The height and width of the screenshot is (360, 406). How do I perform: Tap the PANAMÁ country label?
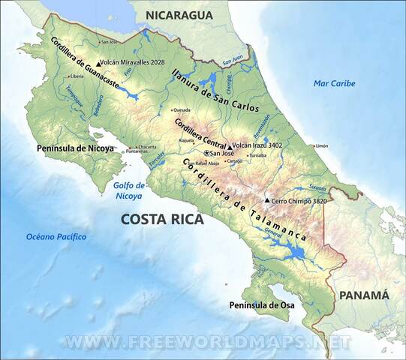[x=364, y=295]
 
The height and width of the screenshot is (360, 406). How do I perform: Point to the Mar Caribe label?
[x=335, y=83]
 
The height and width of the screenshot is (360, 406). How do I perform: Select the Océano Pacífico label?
[x=56, y=237]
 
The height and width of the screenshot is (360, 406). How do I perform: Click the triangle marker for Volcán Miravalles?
[x=98, y=64]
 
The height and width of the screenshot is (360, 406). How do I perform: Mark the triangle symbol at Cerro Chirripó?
[x=267, y=200]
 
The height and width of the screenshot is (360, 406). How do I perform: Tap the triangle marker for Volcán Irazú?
[x=229, y=146]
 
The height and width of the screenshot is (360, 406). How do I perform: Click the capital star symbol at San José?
[x=206, y=153]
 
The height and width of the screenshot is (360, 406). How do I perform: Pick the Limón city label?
[x=322, y=145]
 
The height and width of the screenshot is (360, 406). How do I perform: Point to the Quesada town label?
[x=181, y=109]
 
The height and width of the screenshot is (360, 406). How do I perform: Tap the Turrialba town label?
[x=257, y=155]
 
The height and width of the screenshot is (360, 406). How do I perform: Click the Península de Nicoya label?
[x=75, y=148]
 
